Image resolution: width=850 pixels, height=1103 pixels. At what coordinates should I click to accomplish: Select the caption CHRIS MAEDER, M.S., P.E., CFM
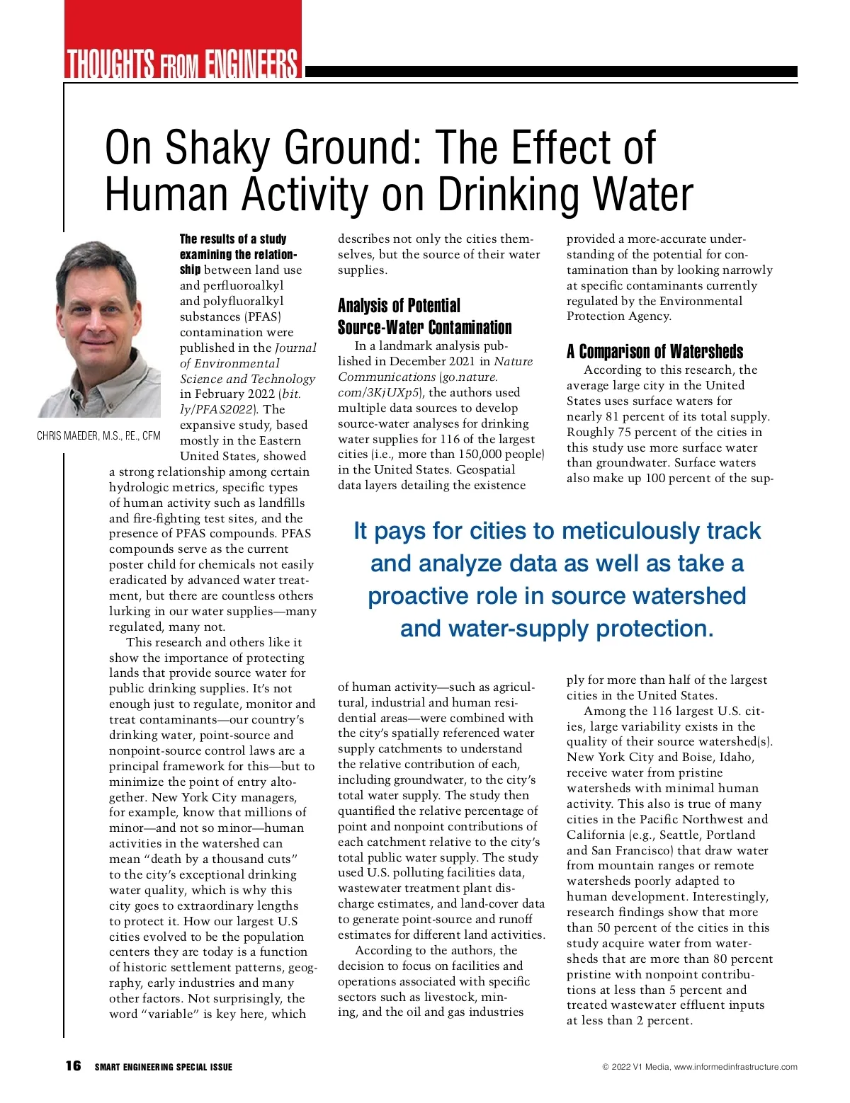[x=98, y=436]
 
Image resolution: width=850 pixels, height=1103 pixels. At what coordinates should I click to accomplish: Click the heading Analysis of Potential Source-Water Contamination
[x=424, y=316]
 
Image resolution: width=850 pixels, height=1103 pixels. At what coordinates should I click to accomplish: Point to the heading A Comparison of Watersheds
[x=654, y=352]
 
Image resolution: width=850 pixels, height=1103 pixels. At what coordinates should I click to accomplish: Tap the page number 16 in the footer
[x=73, y=1066]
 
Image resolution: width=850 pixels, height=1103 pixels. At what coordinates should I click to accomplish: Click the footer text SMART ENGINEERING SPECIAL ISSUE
[x=164, y=1067]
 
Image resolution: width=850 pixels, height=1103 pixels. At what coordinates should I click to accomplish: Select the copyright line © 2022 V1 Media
[x=699, y=1067]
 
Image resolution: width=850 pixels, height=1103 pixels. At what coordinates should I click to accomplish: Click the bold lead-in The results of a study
[x=233, y=239]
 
